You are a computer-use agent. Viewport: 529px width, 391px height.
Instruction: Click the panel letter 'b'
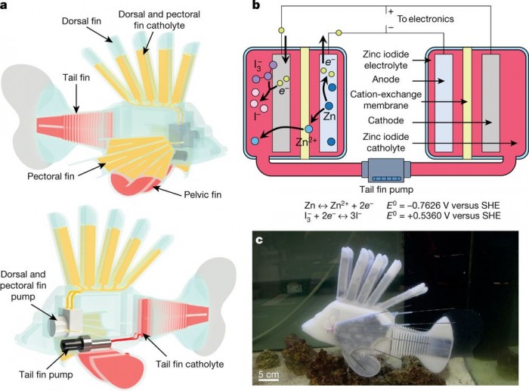(256, 6)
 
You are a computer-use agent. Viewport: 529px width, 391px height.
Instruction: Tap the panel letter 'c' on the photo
(258, 241)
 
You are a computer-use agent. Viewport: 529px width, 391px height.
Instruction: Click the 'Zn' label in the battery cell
(329, 117)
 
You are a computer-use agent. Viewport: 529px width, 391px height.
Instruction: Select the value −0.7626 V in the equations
(403, 203)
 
